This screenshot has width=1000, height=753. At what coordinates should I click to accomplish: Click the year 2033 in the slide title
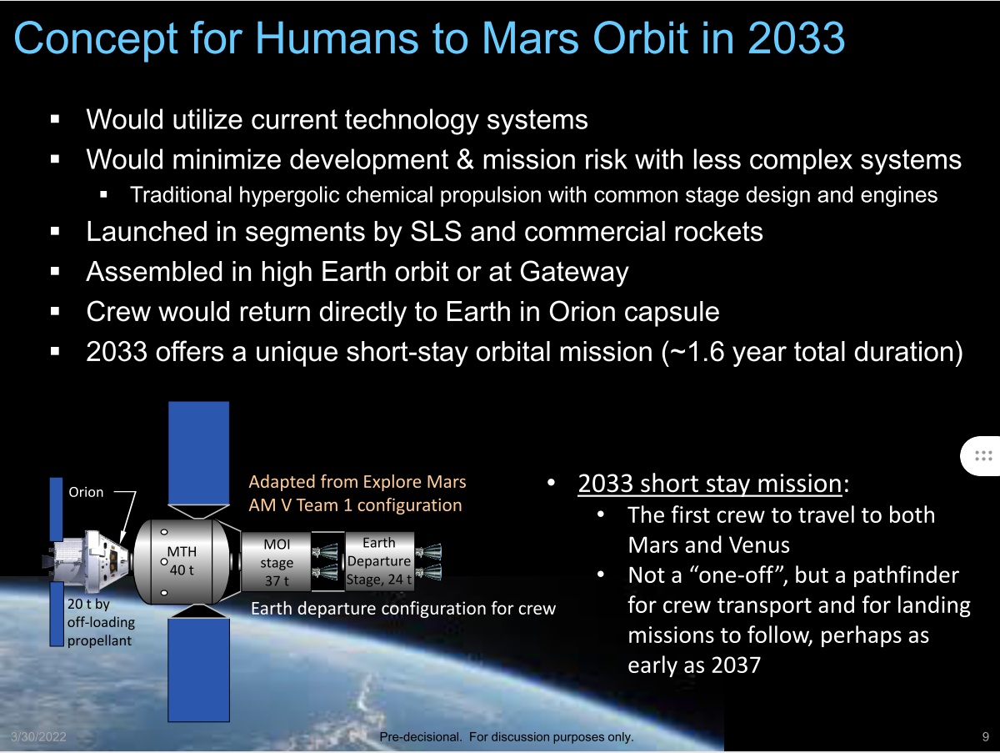click(x=796, y=38)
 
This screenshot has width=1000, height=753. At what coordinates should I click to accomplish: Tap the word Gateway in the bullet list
click(x=574, y=272)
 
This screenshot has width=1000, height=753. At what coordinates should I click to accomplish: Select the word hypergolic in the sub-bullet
click(x=289, y=195)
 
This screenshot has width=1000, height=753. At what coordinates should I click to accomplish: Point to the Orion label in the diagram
click(x=86, y=492)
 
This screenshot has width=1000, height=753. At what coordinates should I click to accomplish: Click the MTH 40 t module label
click(x=182, y=560)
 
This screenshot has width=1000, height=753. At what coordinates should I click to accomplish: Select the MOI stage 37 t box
click(x=276, y=562)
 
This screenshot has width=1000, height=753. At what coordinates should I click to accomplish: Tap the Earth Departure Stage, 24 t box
click(x=379, y=561)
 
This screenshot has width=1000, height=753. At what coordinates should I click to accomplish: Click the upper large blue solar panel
click(x=198, y=453)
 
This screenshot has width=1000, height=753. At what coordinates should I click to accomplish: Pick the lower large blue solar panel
click(x=198, y=670)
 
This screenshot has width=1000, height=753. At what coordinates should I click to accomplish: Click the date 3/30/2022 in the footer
click(x=38, y=736)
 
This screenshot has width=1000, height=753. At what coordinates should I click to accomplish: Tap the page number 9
click(x=986, y=736)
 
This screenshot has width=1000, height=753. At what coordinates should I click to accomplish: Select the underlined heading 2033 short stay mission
click(x=710, y=484)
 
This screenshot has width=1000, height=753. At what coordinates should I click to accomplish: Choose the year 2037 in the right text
click(x=736, y=665)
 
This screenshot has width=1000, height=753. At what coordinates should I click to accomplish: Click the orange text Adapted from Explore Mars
click(x=357, y=482)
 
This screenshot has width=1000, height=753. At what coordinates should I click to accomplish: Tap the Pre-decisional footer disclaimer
click(x=506, y=737)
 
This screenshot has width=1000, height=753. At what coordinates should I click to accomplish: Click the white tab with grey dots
click(x=980, y=456)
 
